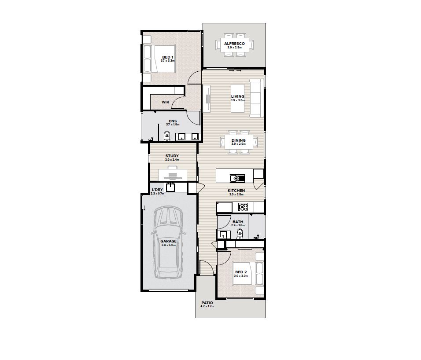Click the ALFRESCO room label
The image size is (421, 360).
coord(234,44)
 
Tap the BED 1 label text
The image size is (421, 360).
coord(167,57)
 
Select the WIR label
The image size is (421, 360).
coord(166,102)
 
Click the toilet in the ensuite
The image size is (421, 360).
coord(167,136)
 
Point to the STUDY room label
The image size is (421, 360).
coord(172,156)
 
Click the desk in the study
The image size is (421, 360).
coord(172,175)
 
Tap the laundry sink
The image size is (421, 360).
coord(170,187)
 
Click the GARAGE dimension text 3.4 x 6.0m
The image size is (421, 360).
coord(168,245)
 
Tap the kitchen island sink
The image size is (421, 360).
coord(237,178)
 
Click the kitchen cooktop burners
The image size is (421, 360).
coord(244,207)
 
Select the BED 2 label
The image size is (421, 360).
coord(241,272)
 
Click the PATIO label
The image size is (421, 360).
coord(207,303)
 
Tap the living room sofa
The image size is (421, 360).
coord(257,98)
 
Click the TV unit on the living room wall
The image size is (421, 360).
coord(206,99)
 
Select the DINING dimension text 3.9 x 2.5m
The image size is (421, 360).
coord(238,144)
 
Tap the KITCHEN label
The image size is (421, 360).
coord(236,191)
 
